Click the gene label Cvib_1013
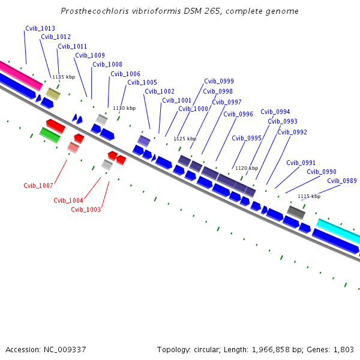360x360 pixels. pyautogui.click(x=40, y=28)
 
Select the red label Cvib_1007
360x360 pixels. pyautogui.click(x=38, y=185)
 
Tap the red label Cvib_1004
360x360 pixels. pyautogui.click(x=68, y=200)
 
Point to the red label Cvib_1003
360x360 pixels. pyautogui.click(x=86, y=209)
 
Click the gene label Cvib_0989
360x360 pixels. pyautogui.click(x=342, y=181)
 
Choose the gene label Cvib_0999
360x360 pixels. pyautogui.click(x=219, y=81)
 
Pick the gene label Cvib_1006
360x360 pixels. pyautogui.click(x=125, y=74)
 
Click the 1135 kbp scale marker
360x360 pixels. pyautogui.click(x=64, y=77)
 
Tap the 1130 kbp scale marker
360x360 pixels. pyautogui.click(x=124, y=108)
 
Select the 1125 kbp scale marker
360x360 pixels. pyautogui.click(x=185, y=139)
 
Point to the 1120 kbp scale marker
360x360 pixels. pyautogui.click(x=246, y=168)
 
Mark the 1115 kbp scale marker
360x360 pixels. pyautogui.click(x=308, y=196)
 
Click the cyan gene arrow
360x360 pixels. pyautogui.click(x=338, y=231)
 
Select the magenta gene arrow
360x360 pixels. pyautogui.click(x=21, y=76)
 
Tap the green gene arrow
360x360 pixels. pyautogui.click(x=50, y=135)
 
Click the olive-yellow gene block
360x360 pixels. pyautogui.click(x=53, y=94)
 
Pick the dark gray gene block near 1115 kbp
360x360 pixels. pyautogui.click(x=296, y=211)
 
